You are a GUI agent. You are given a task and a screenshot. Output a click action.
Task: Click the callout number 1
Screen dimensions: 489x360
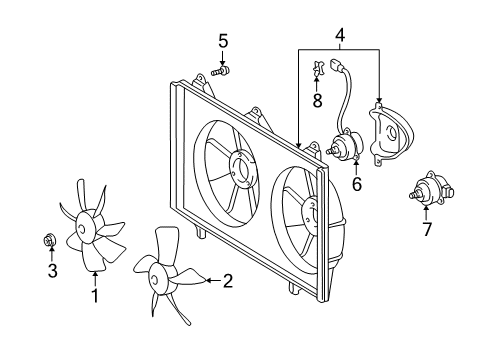pyautogui.click(x=95, y=295)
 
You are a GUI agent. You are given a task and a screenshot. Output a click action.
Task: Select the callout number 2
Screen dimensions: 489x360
pyautogui.click(x=228, y=281)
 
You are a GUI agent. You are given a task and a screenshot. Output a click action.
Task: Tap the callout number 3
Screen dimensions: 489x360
pyautogui.click(x=53, y=270)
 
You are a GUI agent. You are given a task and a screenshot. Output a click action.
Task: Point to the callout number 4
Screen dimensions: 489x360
pyautogui.click(x=340, y=35)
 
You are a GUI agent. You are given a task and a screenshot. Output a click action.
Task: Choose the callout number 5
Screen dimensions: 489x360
pyautogui.click(x=223, y=41)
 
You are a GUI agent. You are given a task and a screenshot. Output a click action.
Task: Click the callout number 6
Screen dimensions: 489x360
pyautogui.click(x=357, y=184)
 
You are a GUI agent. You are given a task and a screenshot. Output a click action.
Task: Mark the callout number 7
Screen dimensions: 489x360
pyautogui.click(x=427, y=229)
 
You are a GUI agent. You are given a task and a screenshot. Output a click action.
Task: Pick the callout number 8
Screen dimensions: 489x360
pyautogui.click(x=317, y=100)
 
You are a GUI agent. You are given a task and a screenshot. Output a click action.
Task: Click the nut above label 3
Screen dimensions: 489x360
pyautogui.click(x=50, y=240)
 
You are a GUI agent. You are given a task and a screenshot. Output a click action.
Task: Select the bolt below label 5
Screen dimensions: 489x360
pyautogui.click(x=221, y=71)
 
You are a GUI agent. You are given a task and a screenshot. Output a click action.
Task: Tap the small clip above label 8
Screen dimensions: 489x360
pyautogui.click(x=318, y=68)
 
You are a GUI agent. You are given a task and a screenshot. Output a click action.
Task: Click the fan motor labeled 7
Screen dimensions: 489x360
pyautogui.click(x=431, y=190)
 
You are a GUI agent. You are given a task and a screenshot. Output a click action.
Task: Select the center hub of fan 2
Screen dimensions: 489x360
pyautogui.click(x=157, y=278)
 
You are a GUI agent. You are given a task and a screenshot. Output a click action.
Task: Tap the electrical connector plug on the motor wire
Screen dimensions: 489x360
pyautogui.click(x=336, y=65)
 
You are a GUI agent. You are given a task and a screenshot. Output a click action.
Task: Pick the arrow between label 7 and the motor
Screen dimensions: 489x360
pyautogui.click(x=426, y=213)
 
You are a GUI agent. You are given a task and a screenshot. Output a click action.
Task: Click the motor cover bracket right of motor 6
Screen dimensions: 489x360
pyautogui.click(x=391, y=133)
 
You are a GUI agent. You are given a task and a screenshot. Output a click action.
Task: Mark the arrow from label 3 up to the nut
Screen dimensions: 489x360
pyautogui.click(x=52, y=253)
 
